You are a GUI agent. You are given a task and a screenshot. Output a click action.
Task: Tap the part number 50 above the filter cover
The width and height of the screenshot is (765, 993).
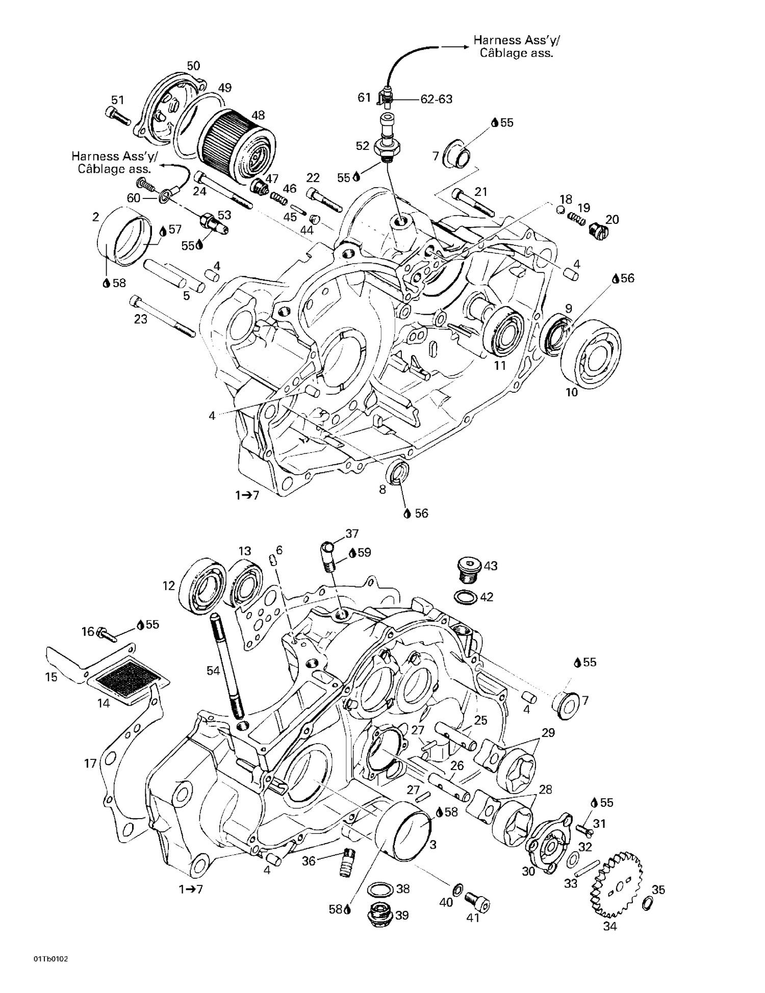coord(193,66)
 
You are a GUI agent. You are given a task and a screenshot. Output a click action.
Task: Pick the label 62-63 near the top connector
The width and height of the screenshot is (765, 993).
coord(436,99)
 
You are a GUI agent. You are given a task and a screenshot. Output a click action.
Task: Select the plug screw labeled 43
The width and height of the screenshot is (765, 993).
coord(468,569)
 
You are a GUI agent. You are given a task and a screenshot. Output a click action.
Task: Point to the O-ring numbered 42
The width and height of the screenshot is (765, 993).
coord(465,596)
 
